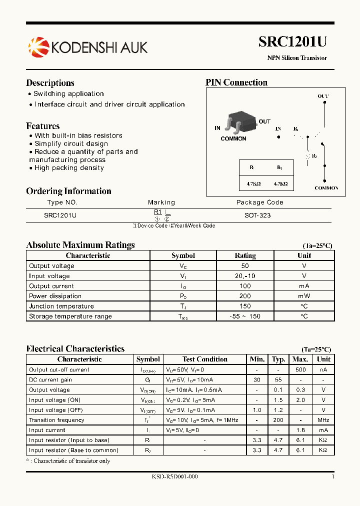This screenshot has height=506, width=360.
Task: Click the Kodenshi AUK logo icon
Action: [38, 47]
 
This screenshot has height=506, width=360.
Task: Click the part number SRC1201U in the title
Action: [292, 42]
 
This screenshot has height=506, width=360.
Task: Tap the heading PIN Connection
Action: [236, 82]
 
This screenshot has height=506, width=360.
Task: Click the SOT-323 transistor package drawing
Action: [239, 123]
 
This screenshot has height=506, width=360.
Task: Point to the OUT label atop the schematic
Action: [323, 96]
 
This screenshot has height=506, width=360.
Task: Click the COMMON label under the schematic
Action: [326, 188]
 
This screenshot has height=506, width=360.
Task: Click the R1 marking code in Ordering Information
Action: [157, 212]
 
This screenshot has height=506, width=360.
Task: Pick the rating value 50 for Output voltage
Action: [245, 266]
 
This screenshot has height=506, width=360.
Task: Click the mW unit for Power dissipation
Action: [304, 296]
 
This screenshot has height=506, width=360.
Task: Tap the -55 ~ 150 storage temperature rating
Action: [245, 316]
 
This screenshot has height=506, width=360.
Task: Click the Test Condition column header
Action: [205, 359]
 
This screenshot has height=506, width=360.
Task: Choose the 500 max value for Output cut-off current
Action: [300, 369]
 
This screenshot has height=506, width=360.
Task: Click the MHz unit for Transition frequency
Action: [323, 420]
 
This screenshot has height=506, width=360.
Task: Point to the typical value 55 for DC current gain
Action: [278, 379]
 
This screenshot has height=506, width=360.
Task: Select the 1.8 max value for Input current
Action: [300, 430]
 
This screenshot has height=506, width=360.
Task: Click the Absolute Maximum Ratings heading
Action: [80, 245]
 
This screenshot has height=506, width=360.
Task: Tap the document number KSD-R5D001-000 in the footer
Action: [174, 476]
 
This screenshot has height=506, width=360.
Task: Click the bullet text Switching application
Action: [68, 93]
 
